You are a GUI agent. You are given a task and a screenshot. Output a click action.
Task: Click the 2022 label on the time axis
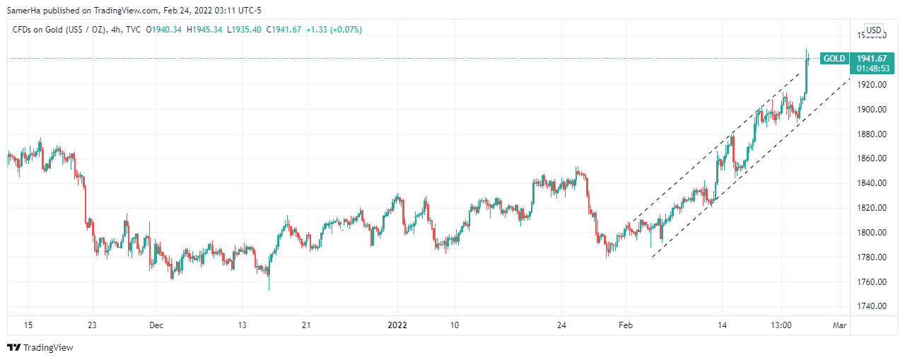pyautogui.click(x=397, y=325)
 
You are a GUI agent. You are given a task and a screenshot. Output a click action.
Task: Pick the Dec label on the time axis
pyautogui.click(x=156, y=325)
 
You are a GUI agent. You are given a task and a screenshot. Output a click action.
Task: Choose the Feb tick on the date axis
pyautogui.click(x=625, y=325)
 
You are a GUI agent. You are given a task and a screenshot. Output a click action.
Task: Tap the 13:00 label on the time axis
pyautogui.click(x=781, y=325)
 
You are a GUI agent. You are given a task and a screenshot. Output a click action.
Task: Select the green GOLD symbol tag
pyautogui.click(x=834, y=59)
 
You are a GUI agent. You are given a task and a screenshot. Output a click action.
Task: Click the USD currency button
pyautogui.click(x=874, y=30)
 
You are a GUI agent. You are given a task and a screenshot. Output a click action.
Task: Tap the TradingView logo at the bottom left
pyautogui.click(x=40, y=347)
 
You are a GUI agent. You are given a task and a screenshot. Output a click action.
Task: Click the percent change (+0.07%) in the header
pyautogui.click(x=342, y=30)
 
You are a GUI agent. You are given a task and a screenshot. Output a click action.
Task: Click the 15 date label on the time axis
pyautogui.click(x=28, y=325)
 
